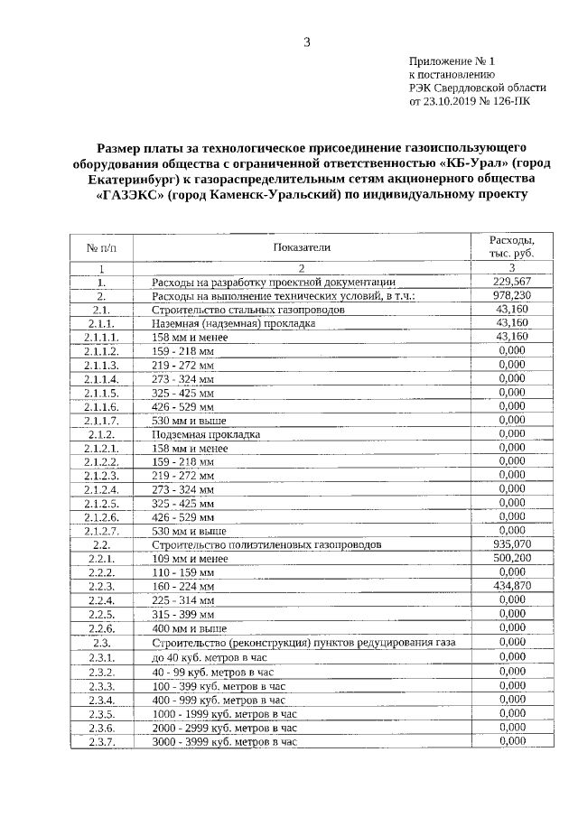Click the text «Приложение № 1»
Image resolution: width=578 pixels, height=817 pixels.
(451, 60)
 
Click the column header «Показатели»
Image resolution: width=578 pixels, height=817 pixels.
(302, 246)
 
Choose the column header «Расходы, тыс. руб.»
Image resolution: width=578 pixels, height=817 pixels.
(511, 246)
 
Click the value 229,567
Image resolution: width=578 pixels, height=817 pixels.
(511, 282)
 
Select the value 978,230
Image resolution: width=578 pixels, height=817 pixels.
(511, 295)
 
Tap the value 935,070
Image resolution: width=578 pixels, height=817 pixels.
(511, 544)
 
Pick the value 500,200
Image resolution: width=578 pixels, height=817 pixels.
(511, 559)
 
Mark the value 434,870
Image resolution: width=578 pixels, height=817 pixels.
(511, 586)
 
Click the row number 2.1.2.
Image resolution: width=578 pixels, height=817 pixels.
(101, 433)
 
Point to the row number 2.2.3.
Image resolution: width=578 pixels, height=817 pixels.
(101, 586)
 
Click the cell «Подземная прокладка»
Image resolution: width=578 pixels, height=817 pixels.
(206, 434)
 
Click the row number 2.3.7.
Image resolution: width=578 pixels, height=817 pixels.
(101, 741)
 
